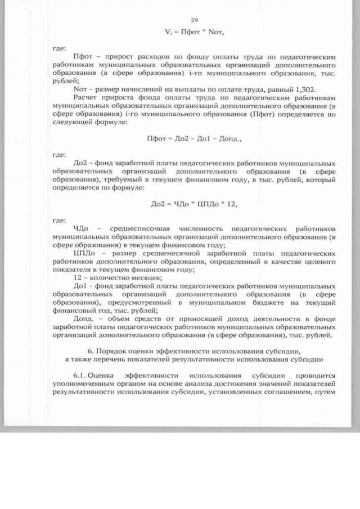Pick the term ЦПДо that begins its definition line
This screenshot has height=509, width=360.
click(x=84, y=254)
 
